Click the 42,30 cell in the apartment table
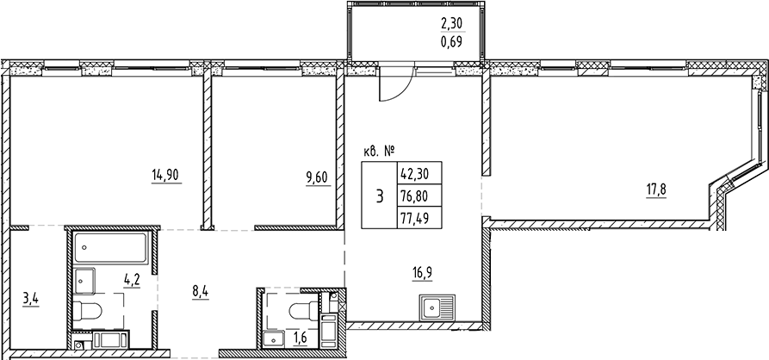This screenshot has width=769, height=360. click(x=415, y=172)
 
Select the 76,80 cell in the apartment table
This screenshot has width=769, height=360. click(x=415, y=195)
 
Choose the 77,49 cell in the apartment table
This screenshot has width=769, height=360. click(x=415, y=218)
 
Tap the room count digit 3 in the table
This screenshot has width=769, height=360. click(x=379, y=196)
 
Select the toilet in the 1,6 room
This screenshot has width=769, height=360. click(x=303, y=309)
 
